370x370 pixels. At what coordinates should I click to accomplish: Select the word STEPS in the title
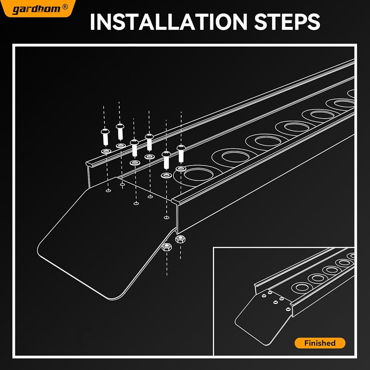287,22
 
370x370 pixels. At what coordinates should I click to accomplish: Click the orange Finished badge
320,343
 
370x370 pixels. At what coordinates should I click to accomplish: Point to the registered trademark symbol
65,7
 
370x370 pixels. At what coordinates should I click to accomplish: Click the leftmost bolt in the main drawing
105,137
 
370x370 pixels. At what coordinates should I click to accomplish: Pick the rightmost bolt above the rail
181,154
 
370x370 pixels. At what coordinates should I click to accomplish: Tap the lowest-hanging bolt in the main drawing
166,160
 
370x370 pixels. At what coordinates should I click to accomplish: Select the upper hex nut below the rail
180,239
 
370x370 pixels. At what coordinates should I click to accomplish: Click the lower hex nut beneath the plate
167,247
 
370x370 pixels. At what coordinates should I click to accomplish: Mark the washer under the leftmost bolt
106,151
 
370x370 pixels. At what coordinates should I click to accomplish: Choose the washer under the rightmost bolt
181,168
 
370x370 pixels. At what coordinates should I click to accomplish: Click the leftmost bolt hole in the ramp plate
108,191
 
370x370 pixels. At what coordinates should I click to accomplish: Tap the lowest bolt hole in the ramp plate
166,217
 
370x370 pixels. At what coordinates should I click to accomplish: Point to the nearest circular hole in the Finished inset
301,287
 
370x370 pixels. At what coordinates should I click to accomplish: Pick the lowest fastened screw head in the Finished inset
288,309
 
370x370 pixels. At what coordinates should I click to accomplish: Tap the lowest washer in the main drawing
166,175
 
